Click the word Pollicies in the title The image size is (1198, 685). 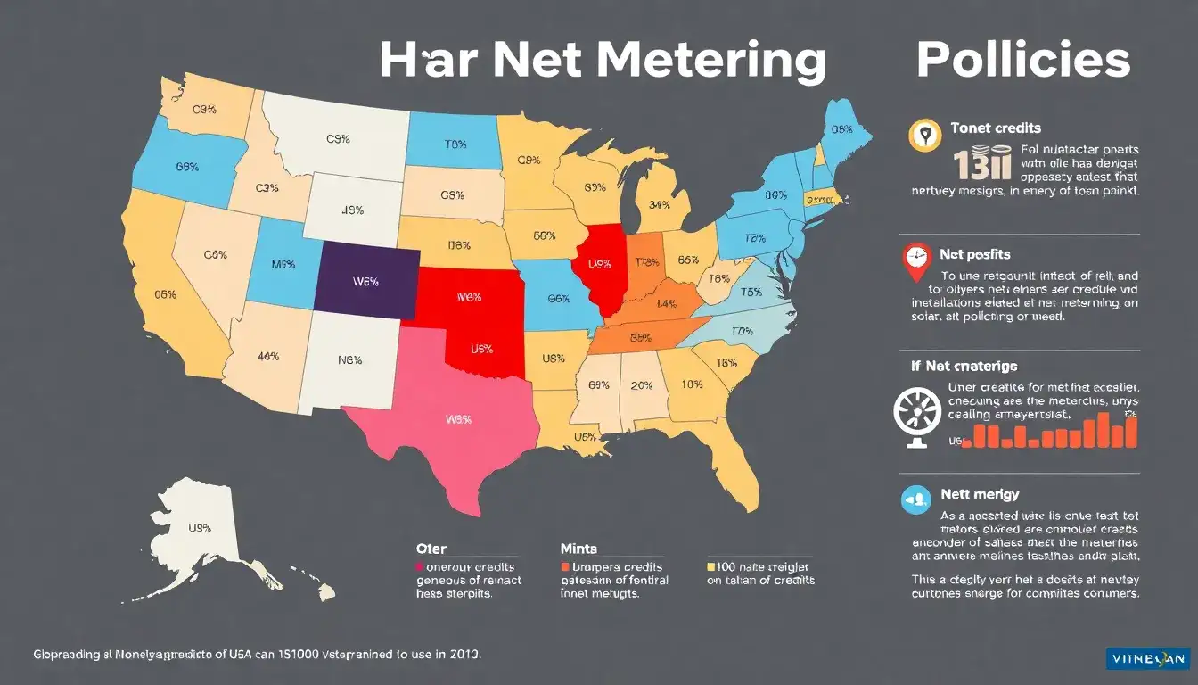coord(1023,61)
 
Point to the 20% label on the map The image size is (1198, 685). coord(642,385)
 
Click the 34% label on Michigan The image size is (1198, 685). coord(660,205)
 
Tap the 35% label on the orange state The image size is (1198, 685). coord(640,338)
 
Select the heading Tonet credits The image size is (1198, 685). coord(996,128)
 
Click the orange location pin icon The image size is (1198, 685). coord(924,136)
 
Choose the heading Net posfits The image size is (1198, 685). coord(975,254)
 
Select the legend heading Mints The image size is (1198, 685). coord(578,549)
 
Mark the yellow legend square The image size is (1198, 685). coord(711,566)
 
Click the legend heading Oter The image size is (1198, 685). coord(431,549)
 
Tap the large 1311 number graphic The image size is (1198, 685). coord(981,166)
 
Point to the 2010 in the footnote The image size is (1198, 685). coord(464,654)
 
